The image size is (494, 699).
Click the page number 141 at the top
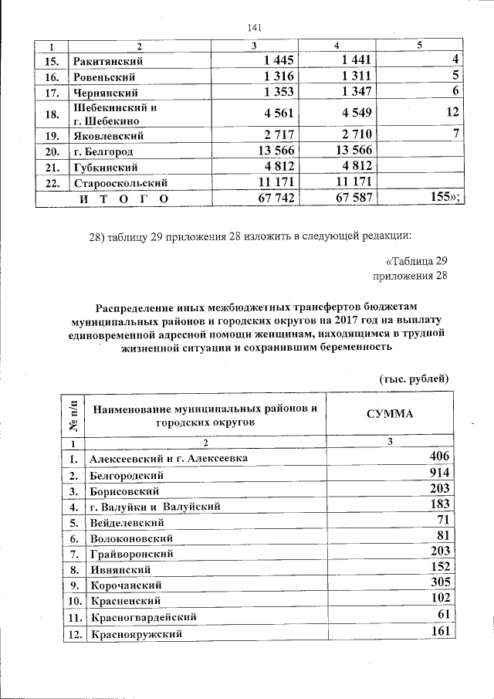[253, 29]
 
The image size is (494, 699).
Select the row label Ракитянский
[108, 60]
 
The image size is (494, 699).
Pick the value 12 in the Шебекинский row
[452, 113]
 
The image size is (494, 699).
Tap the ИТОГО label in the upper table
[124, 199]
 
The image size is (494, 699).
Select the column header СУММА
[390, 414]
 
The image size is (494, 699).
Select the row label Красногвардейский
[143, 617]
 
